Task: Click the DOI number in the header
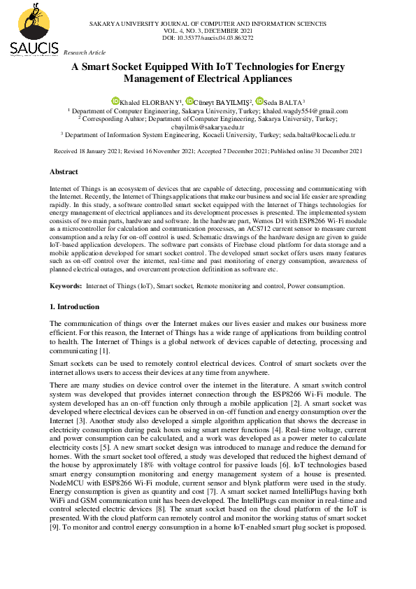point(208,38)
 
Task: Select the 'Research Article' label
point(85,52)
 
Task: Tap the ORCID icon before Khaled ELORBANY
point(115,101)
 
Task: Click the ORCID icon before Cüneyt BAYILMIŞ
point(189,101)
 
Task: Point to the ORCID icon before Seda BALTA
point(259,101)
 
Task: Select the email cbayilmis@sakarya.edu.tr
point(208,127)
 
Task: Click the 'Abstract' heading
point(64,171)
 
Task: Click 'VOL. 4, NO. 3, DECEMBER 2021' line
point(208,31)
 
